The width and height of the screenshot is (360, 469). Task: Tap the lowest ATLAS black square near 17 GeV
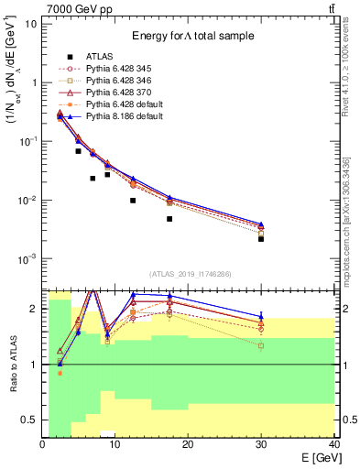[x=169, y=219]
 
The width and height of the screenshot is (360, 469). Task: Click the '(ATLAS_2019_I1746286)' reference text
[x=189, y=274]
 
